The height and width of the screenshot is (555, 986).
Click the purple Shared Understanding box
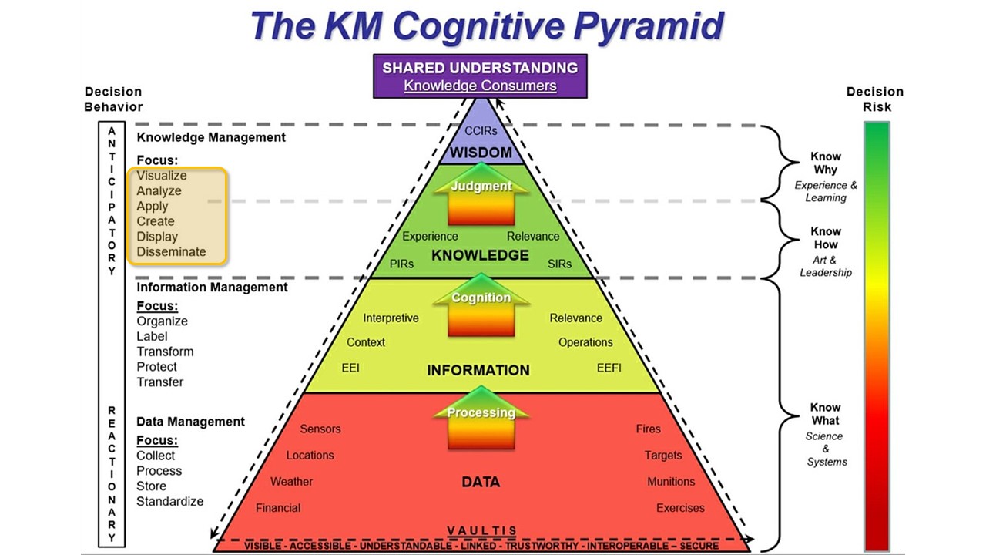click(x=480, y=76)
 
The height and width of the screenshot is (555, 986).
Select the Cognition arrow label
click(x=481, y=298)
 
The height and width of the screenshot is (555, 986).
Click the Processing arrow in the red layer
click(x=481, y=413)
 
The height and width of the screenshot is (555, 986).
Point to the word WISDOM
click(x=481, y=153)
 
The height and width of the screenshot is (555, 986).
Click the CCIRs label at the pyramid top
click(x=481, y=130)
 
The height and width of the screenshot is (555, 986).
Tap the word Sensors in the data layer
click(x=320, y=429)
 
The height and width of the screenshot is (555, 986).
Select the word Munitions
click(x=670, y=482)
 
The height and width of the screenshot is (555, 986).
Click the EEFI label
click(x=609, y=368)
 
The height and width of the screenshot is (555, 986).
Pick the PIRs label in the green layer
click(x=401, y=264)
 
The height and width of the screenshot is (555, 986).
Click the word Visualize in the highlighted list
click(x=162, y=176)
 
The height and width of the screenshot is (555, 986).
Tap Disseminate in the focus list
click(x=171, y=252)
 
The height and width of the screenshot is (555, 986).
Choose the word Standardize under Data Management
click(x=169, y=502)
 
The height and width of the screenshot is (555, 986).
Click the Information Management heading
click(x=212, y=288)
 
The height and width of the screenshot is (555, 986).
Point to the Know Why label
click(x=825, y=163)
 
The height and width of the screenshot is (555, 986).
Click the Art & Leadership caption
click(x=825, y=266)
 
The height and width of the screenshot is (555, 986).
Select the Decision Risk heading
click(x=874, y=99)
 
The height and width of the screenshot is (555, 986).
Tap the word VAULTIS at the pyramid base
click(x=481, y=531)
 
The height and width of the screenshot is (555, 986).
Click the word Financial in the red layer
click(x=278, y=508)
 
